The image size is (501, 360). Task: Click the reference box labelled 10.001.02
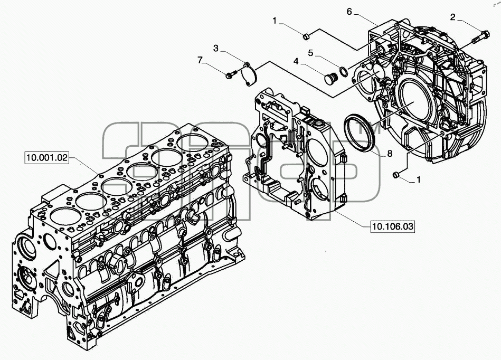point(47,158)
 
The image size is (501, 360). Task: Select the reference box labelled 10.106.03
point(393,227)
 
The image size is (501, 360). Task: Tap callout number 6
point(349,12)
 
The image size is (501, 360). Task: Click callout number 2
point(453,17)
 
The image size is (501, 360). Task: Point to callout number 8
point(390,154)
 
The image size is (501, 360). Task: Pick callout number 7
point(200,60)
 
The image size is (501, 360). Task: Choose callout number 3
point(216,49)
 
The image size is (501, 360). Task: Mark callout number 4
point(296,61)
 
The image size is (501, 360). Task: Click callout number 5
point(311,53)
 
